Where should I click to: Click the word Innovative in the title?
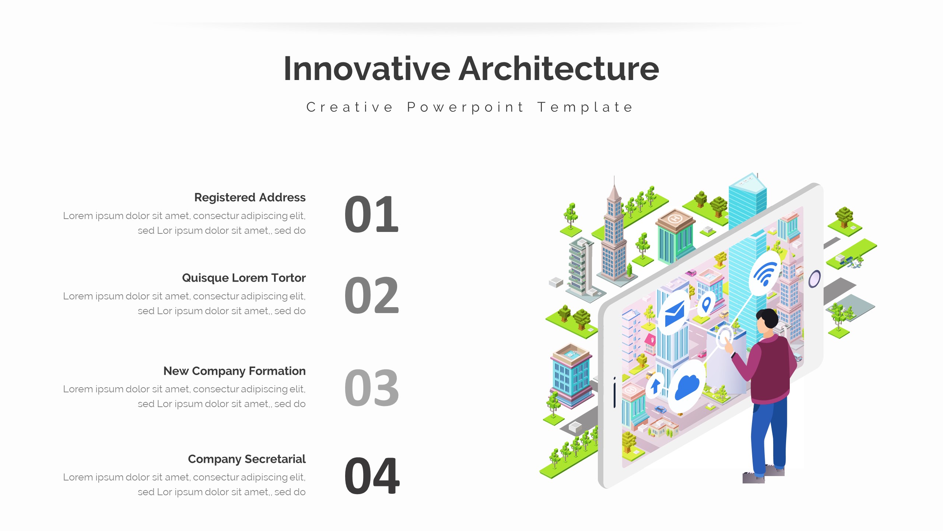point(367,69)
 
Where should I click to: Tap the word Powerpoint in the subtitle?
point(465,107)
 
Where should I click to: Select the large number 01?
point(371,215)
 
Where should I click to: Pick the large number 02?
point(371,295)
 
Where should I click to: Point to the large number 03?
point(371,388)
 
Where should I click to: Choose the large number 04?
point(371,476)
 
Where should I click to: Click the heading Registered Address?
point(250,197)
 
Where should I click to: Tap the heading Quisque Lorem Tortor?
point(243,278)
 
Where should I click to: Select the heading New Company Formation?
point(234,371)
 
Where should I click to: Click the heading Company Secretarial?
point(246,459)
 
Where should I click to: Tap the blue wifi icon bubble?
point(765,274)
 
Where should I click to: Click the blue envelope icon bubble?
point(674,313)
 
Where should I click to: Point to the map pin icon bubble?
point(706,305)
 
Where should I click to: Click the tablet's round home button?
point(814,279)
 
